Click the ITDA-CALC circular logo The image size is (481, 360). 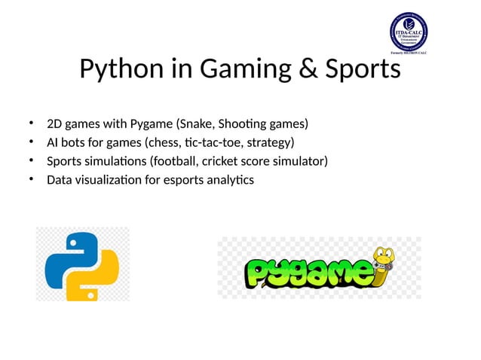coord(408,31)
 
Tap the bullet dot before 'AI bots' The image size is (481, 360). coord(32,142)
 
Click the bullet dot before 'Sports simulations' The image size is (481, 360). coord(32,160)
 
